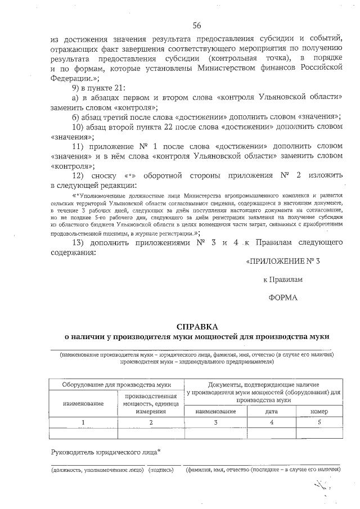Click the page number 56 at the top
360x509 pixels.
[196, 25]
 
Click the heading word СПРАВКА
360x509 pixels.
[196, 326]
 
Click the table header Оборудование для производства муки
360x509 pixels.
[117, 385]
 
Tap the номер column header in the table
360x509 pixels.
[319, 411]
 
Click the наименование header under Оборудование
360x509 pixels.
[83, 403]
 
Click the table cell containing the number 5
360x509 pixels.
[319, 422]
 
